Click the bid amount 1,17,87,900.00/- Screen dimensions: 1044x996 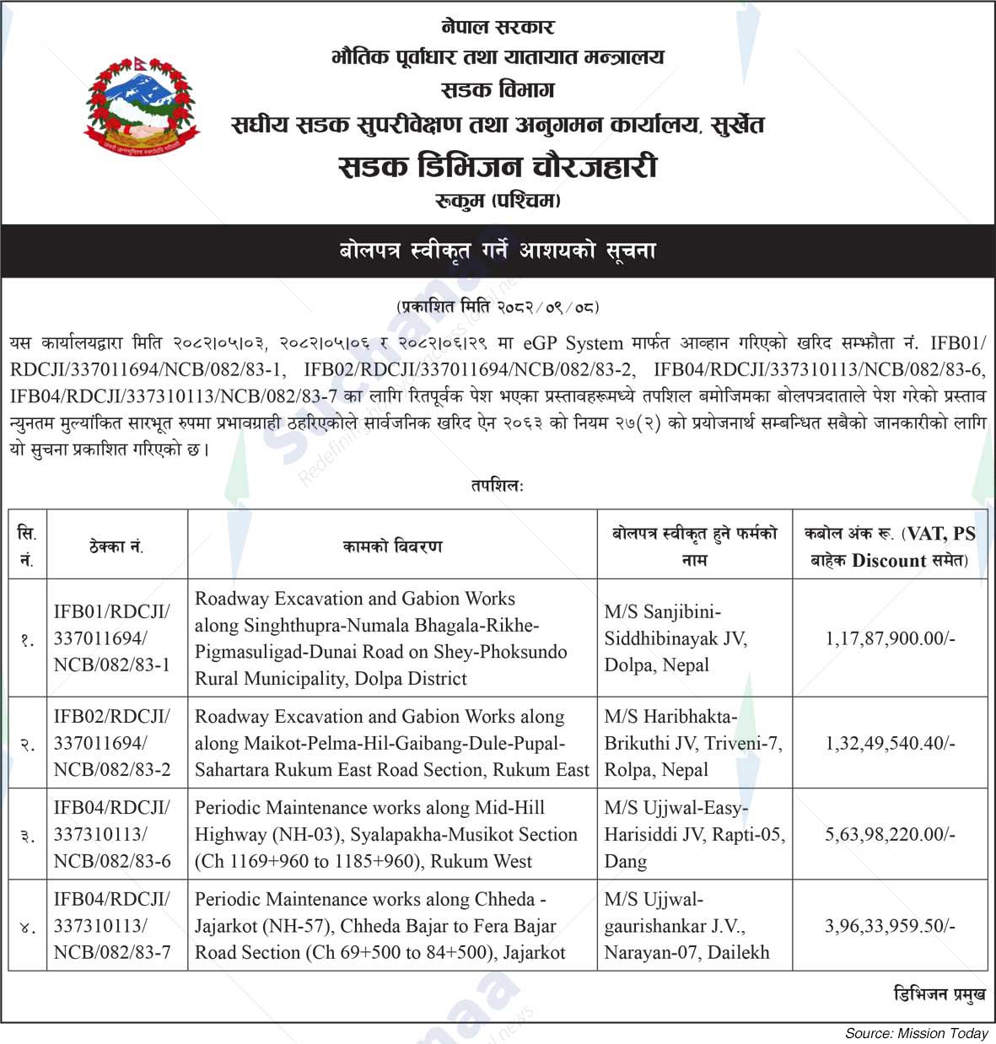(890, 638)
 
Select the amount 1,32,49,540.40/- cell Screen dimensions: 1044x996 (890, 743)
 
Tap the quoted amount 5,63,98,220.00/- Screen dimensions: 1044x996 (890, 834)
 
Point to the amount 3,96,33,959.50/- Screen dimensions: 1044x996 (890, 926)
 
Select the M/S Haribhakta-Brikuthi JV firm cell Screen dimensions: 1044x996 (692, 743)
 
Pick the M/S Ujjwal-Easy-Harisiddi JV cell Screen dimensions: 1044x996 (694, 834)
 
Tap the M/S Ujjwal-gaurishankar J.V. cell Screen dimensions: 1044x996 (686, 926)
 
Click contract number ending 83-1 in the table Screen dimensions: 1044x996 (111, 638)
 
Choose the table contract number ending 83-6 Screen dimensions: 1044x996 (111, 834)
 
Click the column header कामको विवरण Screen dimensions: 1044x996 (392, 546)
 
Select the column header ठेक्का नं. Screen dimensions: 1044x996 (116, 546)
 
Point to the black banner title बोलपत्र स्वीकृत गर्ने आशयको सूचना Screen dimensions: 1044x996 (498, 251)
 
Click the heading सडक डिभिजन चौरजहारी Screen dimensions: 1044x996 (498, 166)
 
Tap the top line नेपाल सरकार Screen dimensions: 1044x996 (498, 27)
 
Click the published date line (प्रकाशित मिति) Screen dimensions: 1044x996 (498, 307)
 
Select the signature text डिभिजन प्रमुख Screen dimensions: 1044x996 (939, 995)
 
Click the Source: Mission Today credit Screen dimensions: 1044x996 (917, 1033)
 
